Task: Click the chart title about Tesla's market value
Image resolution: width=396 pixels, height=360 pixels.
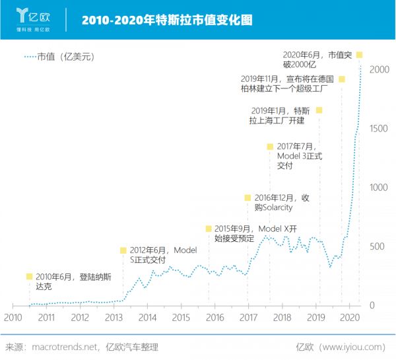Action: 167,20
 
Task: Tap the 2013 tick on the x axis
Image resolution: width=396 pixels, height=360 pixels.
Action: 114,318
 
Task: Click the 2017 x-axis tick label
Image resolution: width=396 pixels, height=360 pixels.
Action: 248,318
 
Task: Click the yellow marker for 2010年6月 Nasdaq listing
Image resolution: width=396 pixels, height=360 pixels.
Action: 29,277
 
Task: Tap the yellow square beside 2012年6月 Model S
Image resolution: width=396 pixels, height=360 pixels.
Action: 123,250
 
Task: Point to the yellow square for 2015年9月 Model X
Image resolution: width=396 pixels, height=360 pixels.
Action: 209,229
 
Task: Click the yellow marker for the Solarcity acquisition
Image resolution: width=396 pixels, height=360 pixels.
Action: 248,198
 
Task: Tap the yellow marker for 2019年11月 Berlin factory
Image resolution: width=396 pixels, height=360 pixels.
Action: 342,79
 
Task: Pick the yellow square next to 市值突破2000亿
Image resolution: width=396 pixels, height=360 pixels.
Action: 360,55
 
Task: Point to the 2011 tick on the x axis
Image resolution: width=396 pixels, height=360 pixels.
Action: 46,318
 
